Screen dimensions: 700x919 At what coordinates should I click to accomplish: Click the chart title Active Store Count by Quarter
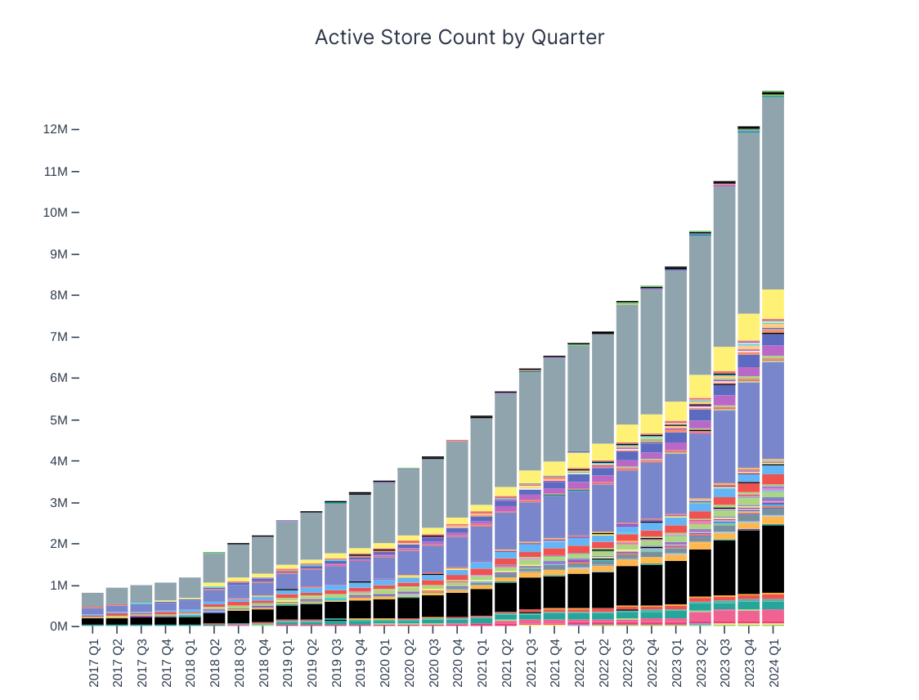[x=459, y=38]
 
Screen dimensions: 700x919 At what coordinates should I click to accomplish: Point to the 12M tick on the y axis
[x=56, y=129]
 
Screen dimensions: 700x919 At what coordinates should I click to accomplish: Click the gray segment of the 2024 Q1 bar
[x=773, y=193]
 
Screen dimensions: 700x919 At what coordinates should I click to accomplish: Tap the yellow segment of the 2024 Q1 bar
[x=773, y=303]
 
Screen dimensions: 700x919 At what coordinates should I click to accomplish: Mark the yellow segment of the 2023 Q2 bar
[x=700, y=386]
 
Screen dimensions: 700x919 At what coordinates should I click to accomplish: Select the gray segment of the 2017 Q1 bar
[x=93, y=599]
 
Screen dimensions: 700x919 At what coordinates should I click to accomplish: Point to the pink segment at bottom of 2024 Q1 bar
[x=773, y=616]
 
